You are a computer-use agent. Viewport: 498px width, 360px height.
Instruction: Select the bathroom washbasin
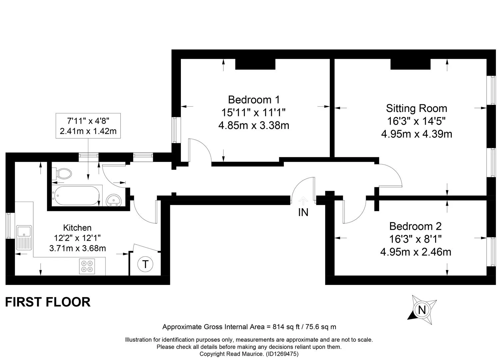[114, 200]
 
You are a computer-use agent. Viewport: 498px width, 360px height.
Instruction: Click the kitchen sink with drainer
[24, 238]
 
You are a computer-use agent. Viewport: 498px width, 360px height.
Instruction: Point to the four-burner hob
[87, 266]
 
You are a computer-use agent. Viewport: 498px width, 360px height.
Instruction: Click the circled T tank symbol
[145, 264]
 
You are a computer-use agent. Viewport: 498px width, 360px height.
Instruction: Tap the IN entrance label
[303, 212]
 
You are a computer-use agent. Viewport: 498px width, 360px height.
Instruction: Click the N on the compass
[422, 310]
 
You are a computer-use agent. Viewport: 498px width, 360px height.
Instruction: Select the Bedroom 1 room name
[254, 100]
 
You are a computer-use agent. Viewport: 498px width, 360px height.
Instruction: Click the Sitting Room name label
[416, 108]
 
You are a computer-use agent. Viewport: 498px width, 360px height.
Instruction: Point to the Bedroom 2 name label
[415, 226]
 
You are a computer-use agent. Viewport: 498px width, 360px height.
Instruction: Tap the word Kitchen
[77, 228]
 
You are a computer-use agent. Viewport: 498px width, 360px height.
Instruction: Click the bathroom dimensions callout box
[88, 126]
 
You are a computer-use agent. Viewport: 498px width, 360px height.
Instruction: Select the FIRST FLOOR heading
[48, 302]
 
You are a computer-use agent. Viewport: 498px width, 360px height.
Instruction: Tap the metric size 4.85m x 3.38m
[254, 125]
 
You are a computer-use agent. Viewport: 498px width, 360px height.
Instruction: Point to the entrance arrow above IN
[303, 201]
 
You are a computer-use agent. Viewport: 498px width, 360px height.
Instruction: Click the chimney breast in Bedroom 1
[255, 64]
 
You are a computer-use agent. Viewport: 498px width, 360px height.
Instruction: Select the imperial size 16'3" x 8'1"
[415, 239]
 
